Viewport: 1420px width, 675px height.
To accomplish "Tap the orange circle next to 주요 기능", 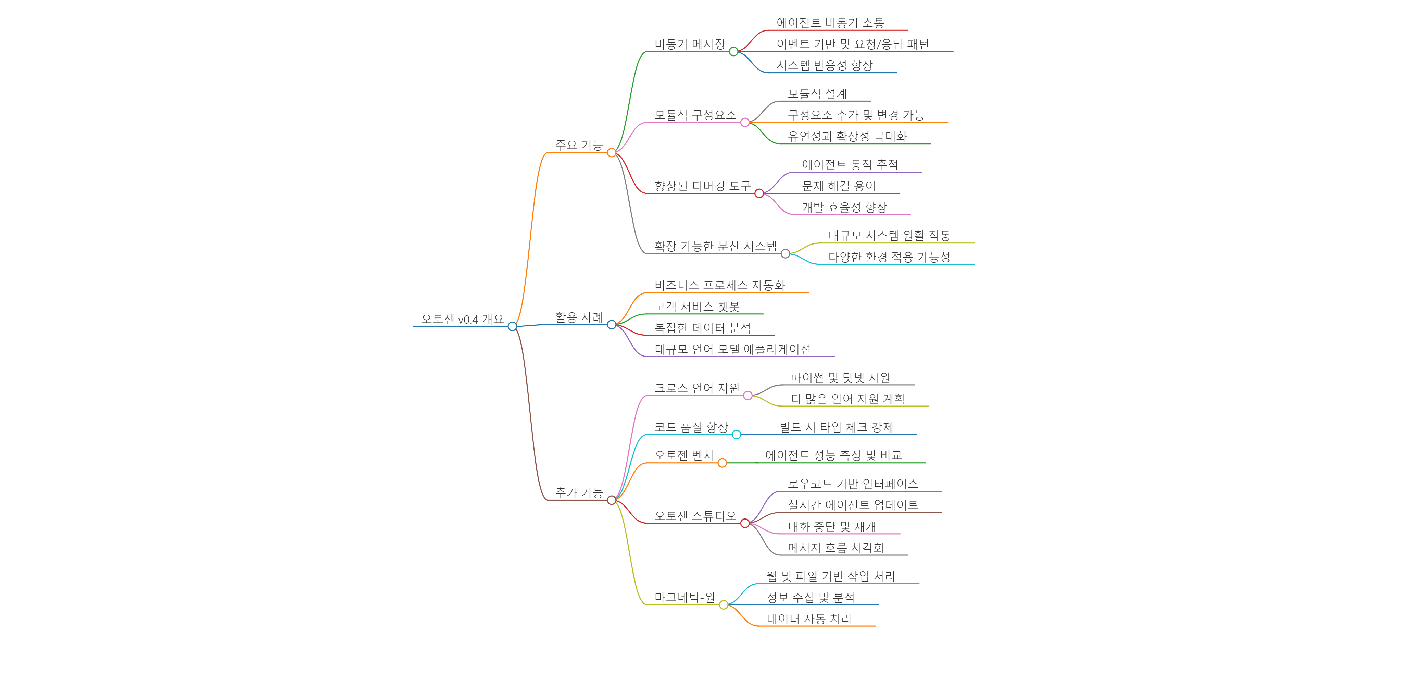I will click(x=611, y=153).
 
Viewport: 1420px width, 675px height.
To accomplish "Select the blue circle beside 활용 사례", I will click(x=611, y=325).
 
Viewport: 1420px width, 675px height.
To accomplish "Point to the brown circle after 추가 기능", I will click(x=611, y=500).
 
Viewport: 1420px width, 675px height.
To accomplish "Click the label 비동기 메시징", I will click(x=690, y=44).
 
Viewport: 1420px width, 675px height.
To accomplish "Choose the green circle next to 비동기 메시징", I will click(x=733, y=52).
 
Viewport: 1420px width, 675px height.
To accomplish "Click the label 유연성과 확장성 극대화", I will click(x=847, y=136).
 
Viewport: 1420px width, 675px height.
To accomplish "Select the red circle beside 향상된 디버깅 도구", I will click(x=759, y=193).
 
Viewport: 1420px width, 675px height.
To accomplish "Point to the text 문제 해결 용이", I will click(x=839, y=186).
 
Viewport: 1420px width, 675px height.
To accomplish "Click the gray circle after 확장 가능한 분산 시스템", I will click(x=786, y=254).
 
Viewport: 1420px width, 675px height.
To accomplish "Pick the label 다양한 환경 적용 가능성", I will click(x=889, y=257).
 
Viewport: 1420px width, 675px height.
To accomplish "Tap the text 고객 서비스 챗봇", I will click(x=697, y=307).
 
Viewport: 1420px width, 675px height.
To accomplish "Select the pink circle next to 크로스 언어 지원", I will click(x=747, y=396).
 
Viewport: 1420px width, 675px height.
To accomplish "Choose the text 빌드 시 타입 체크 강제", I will click(x=836, y=427).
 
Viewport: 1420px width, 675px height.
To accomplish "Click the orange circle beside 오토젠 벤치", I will click(x=722, y=463).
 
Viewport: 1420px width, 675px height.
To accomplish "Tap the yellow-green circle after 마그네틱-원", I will click(x=724, y=605).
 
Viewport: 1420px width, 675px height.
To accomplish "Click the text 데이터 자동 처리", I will click(x=809, y=619).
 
